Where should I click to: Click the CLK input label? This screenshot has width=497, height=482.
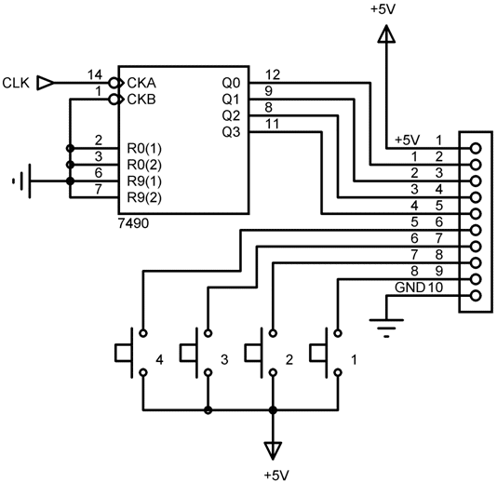pyautogui.click(x=16, y=83)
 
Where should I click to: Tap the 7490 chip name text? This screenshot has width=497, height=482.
pyautogui.click(x=133, y=223)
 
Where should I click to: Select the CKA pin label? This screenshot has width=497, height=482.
pyautogui.click(x=141, y=83)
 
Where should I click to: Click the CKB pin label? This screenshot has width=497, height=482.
pyautogui.click(x=141, y=100)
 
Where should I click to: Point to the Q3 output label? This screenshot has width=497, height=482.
pyautogui.click(x=231, y=132)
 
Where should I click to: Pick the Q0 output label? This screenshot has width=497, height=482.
pyautogui.click(x=231, y=83)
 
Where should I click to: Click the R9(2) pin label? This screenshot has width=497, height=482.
pyautogui.click(x=144, y=198)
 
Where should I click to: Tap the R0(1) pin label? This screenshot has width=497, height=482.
pyautogui.click(x=144, y=148)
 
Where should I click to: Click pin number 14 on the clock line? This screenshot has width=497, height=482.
pyautogui.click(x=95, y=74)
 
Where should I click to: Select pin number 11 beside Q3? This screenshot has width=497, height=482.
pyautogui.click(x=272, y=124)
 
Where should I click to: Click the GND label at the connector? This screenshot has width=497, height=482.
pyautogui.click(x=410, y=288)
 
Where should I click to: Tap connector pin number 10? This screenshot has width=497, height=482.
pyautogui.click(x=436, y=288)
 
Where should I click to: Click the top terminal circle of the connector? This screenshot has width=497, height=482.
pyautogui.click(x=476, y=148)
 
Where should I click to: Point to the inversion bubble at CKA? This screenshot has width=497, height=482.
pyautogui.click(x=114, y=83)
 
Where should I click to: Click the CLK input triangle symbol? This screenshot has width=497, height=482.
pyautogui.click(x=45, y=83)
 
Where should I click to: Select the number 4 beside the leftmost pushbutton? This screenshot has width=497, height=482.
pyautogui.click(x=159, y=360)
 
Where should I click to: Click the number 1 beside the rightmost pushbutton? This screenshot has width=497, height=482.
pyautogui.click(x=354, y=360)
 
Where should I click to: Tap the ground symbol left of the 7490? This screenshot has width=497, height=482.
pyautogui.click(x=21, y=181)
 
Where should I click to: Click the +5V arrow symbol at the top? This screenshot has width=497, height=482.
pyautogui.click(x=386, y=33)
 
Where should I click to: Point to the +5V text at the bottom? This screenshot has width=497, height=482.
pyautogui.click(x=276, y=475)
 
